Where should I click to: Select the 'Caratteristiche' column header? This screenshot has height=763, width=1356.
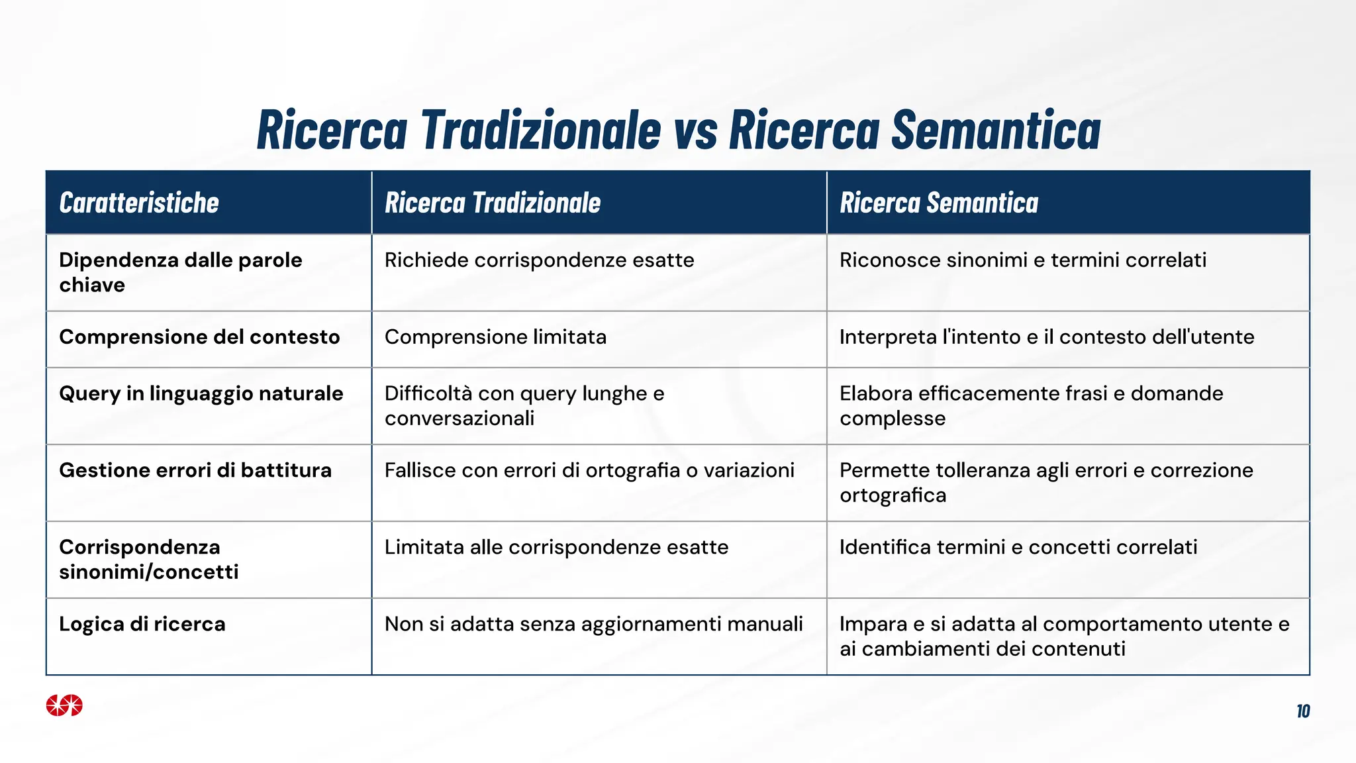point(139,203)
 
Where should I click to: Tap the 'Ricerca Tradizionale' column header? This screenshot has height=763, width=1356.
point(493,203)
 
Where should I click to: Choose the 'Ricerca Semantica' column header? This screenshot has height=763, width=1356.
point(939,203)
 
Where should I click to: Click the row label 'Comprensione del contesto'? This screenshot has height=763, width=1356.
point(199,337)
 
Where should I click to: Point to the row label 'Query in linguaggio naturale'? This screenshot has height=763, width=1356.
point(201,393)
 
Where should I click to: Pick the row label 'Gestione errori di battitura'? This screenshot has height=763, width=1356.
point(195,470)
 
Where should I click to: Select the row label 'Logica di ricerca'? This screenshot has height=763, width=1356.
point(142,624)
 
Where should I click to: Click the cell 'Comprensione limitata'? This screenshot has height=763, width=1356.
point(495,337)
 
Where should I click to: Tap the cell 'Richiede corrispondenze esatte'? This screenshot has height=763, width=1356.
point(539,260)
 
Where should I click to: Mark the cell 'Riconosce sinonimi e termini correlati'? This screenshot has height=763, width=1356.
point(1023,260)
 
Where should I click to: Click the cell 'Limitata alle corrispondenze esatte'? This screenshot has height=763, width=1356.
point(556,547)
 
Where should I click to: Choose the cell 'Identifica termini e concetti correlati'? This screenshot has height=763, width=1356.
point(1018,547)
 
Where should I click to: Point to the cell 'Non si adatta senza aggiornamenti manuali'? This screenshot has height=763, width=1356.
point(593,624)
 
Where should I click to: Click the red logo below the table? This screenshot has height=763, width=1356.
point(64,705)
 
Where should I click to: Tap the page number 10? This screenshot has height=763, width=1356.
point(1303,711)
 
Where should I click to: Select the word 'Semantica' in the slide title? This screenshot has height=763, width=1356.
point(996,130)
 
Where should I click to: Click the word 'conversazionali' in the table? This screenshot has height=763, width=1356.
point(460,419)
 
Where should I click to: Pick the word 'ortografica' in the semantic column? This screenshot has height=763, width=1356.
point(893,495)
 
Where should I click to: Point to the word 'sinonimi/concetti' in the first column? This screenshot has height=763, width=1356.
point(149,572)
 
